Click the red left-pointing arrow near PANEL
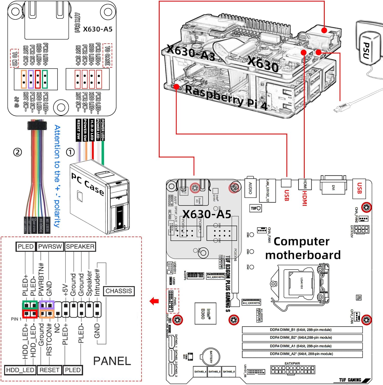pyautogui.click(x=154, y=301)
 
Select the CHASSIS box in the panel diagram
pyautogui.click(x=119, y=291)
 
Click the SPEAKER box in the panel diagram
pyautogui.click(x=80, y=247)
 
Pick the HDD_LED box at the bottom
pyautogui.click(x=20, y=370)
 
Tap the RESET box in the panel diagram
pyautogui.click(x=49, y=370)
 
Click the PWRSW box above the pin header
pyautogui.click(x=50, y=247)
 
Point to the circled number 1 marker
pyautogui.click(x=70, y=152)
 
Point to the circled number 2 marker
pyautogui.click(x=17, y=152)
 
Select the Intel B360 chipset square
pyautogui.click(x=205, y=313)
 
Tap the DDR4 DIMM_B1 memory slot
pyautogui.click(x=302, y=330)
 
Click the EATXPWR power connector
pyautogui.click(x=293, y=370)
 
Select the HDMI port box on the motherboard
pyautogui.click(x=305, y=184)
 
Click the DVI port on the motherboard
pyautogui.click(x=333, y=187)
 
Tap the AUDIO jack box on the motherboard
pyautogui.click(x=250, y=188)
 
